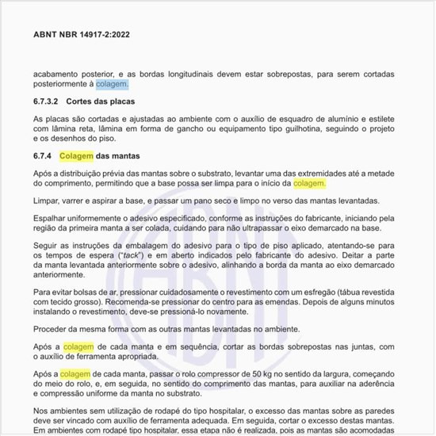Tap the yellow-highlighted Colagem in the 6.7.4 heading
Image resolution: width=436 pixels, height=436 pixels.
pyautogui.click(x=76, y=155)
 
